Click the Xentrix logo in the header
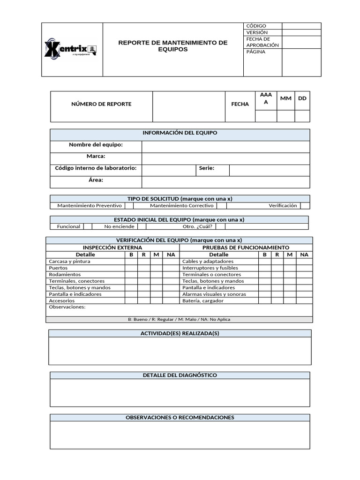pos(70,49)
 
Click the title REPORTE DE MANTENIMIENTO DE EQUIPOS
pos(172,46)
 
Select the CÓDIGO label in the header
pos(256,26)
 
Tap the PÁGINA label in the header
pos(256,52)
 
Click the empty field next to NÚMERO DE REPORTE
pos(188,106)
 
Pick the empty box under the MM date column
pos(285,116)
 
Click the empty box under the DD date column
pos(302,116)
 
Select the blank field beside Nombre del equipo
pos(225,147)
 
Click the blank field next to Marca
pos(225,158)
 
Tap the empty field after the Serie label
pos(269,170)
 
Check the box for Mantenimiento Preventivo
pos(129,206)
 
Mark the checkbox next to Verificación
pos(305,206)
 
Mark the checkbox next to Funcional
pos(87,226)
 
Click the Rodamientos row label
pos(65,274)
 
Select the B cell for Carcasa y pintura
pos(131,261)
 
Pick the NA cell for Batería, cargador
pos(304,300)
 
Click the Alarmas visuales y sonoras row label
pos(214,294)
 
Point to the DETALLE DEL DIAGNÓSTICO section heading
pos(180,375)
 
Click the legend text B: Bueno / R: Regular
pos(179,319)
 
